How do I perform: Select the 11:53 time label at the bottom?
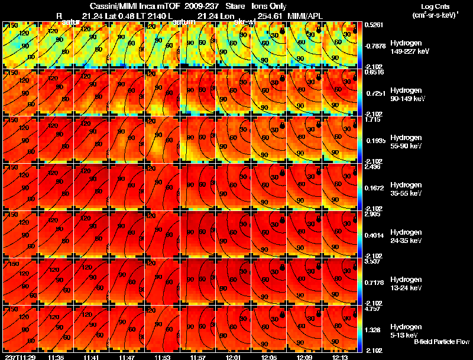[162, 356]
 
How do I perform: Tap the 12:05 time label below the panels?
[268, 356]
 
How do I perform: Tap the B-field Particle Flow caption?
[441, 342]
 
